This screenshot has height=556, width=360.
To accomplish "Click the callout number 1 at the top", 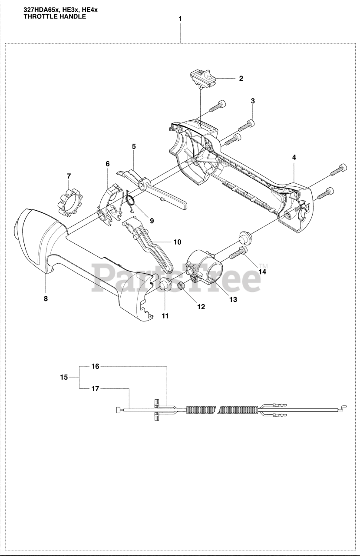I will tap(180, 19).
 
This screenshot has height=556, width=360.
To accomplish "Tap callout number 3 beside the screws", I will tap(253, 101).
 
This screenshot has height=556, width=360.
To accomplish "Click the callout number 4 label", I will tap(294, 157).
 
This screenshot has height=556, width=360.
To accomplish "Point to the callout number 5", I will tap(134, 147).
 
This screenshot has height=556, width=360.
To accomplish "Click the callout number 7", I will tap(69, 176).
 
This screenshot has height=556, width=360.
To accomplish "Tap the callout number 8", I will tap(46, 298).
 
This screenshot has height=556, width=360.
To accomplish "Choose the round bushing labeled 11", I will tap(164, 285).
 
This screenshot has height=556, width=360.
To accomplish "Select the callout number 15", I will tap(64, 377).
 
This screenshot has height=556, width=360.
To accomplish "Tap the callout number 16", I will tap(95, 366).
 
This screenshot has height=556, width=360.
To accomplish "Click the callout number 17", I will tap(95, 388).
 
